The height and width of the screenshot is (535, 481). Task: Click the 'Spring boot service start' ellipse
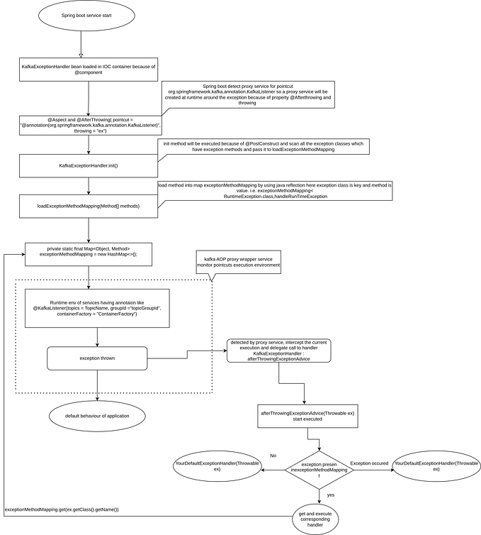(x=89, y=16)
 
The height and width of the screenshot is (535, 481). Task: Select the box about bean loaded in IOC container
(x=89, y=70)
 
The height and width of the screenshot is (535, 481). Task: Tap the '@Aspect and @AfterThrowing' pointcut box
(x=89, y=126)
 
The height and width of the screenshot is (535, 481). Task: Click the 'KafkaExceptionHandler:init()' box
(x=89, y=165)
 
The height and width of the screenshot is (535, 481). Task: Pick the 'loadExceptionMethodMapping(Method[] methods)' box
(x=89, y=206)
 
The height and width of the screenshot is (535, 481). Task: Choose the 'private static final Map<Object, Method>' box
(x=89, y=253)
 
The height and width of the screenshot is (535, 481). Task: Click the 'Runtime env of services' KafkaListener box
(x=97, y=308)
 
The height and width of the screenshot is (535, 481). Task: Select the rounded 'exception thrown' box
(x=97, y=358)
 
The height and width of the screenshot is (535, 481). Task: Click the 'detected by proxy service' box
(x=279, y=351)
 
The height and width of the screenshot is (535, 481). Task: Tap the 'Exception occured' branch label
(x=369, y=463)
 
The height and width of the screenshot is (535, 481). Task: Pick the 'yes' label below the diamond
(x=331, y=495)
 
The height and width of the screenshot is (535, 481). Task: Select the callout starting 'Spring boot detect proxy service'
(x=248, y=94)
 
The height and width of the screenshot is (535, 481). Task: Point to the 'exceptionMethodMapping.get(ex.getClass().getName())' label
(x=62, y=509)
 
